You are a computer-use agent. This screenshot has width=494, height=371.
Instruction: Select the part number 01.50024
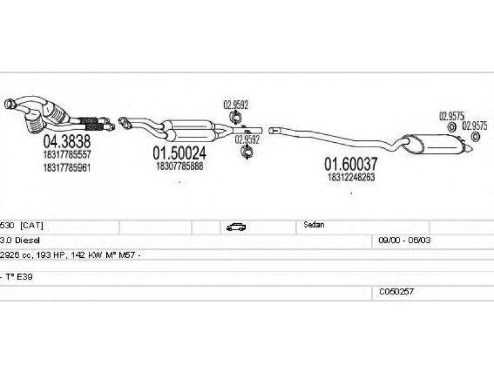pyautogui.click(x=180, y=153)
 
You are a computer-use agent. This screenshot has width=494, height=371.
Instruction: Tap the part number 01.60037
pyautogui.click(x=351, y=164)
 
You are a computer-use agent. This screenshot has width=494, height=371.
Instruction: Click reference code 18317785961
pyautogui.click(x=67, y=167)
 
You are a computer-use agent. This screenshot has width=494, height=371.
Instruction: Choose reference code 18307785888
pyautogui.click(x=180, y=166)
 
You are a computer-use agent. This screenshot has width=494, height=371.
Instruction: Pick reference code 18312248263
pyautogui.click(x=351, y=177)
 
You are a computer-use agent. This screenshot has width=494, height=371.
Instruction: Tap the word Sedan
pyautogui.click(x=314, y=225)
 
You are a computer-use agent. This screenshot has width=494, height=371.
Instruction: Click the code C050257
pyautogui.click(x=396, y=291)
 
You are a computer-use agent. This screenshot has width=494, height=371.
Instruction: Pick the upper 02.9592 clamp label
pyautogui.click(x=235, y=104)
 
